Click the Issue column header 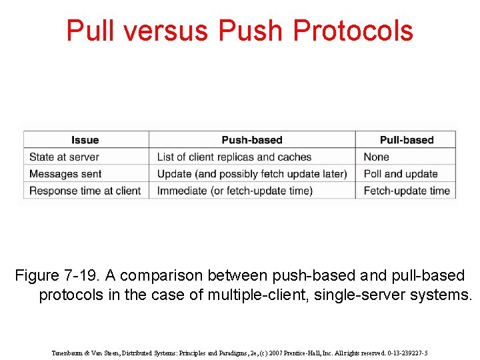(x=85, y=140)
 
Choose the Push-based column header (x=251, y=140)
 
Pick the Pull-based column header (x=406, y=140)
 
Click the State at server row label (x=64, y=157)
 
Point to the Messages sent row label (x=65, y=174)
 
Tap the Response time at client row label (x=85, y=191)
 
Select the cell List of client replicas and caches (x=234, y=157)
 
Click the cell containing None (x=376, y=157)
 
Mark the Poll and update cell (x=400, y=174)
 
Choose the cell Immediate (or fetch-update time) (x=235, y=191)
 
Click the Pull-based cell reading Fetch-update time (x=406, y=191)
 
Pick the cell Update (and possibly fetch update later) (x=251, y=174)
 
